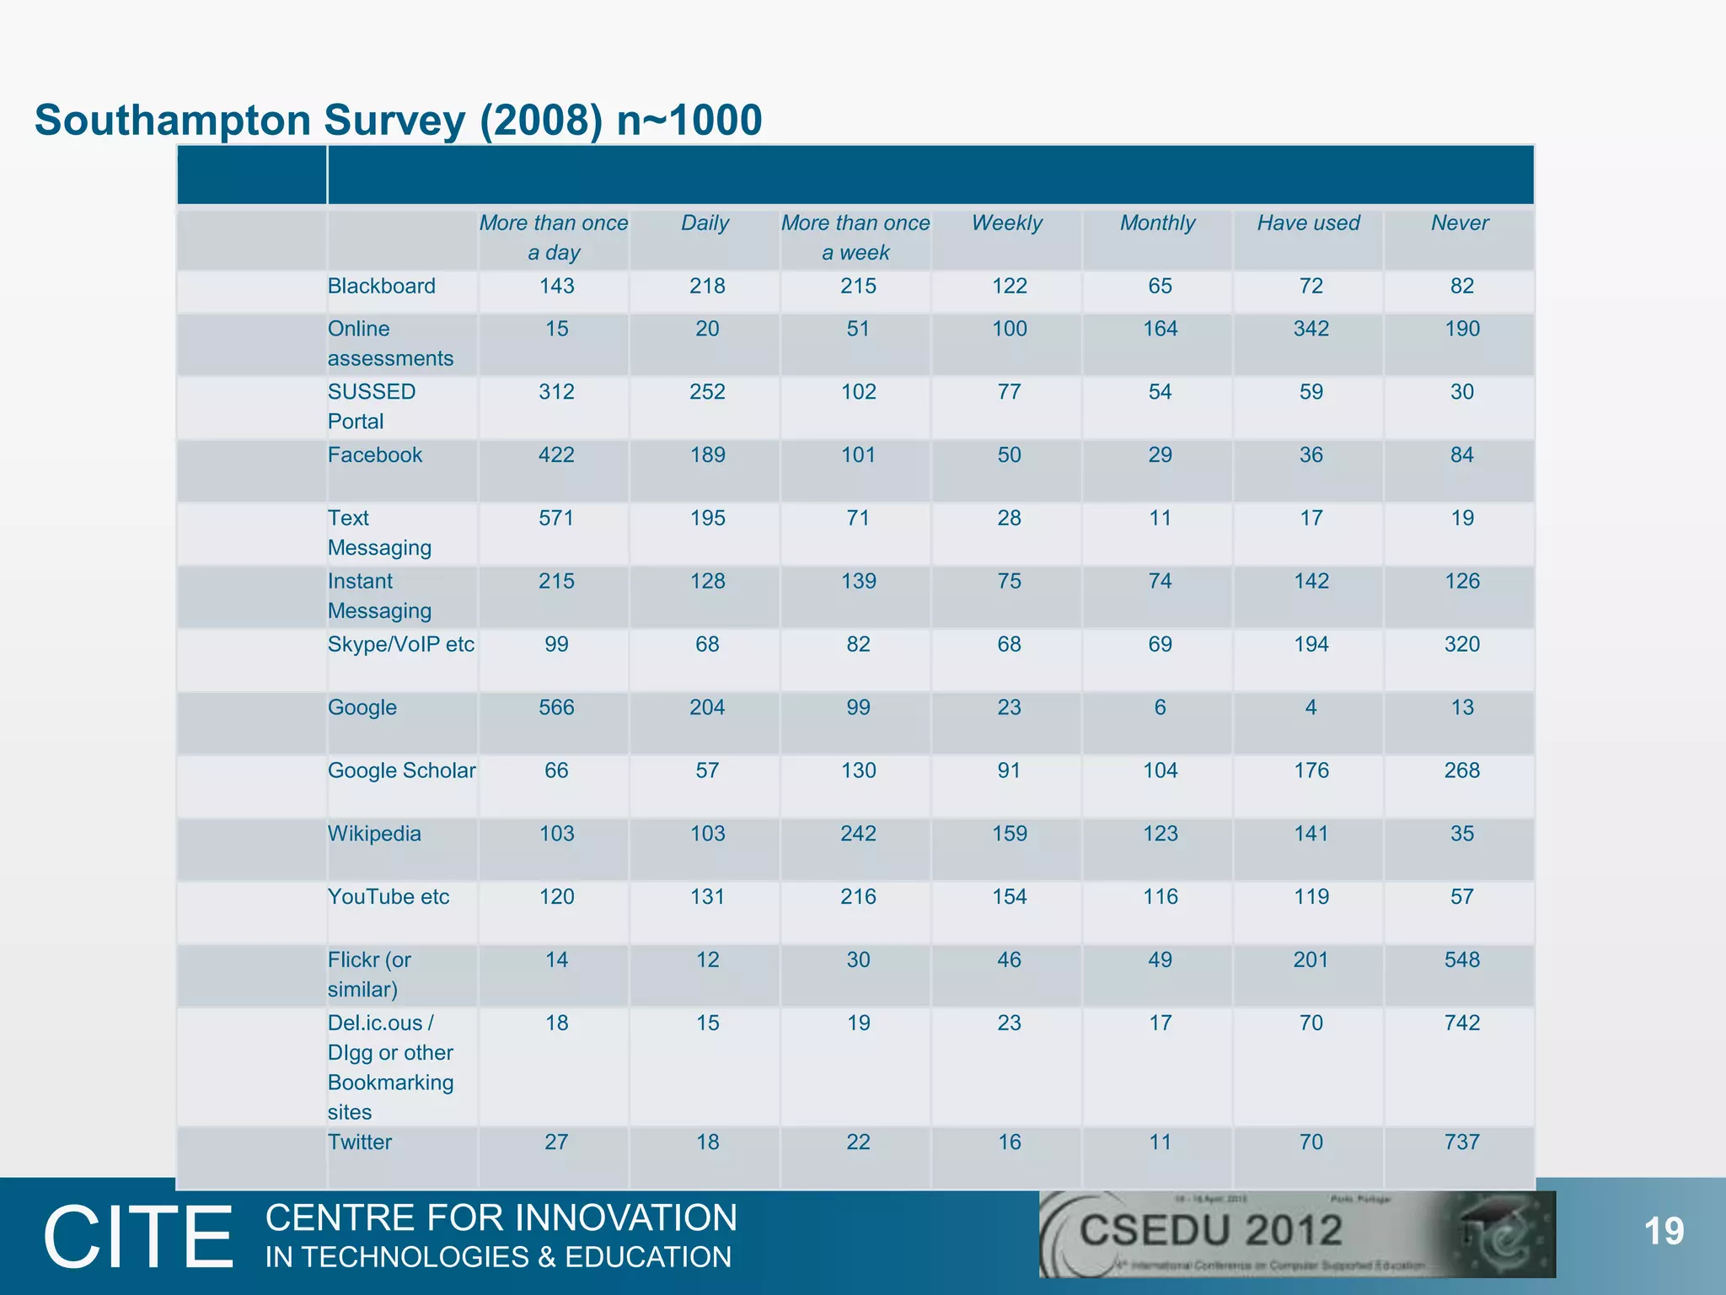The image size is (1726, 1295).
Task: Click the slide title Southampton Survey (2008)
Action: [398, 120]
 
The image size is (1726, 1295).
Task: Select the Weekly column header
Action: [1006, 223]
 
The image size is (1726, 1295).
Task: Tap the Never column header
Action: [1460, 223]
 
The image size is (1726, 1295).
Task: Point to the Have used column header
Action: [1308, 223]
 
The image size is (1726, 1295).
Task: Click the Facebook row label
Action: [375, 455]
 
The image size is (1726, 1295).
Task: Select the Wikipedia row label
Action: [374, 834]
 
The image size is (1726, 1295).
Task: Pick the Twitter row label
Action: [360, 1142]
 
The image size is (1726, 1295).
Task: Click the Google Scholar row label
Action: [401, 771]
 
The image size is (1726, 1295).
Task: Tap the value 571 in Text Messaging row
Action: [556, 519]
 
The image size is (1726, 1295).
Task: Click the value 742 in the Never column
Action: [1461, 1024]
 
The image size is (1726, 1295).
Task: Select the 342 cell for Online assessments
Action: [1311, 329]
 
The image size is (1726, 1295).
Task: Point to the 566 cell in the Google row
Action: [556, 708]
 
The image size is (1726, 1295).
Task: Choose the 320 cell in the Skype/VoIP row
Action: [1461, 645]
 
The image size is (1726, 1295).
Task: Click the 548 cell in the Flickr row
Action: [1461, 960]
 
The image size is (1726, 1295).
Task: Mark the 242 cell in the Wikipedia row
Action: [858, 834]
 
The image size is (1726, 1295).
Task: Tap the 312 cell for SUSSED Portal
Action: [556, 392]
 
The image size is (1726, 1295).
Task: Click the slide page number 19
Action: [1664, 1232]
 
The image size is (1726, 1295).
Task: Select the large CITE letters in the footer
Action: [138, 1237]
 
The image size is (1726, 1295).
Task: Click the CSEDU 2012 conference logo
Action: [1296, 1234]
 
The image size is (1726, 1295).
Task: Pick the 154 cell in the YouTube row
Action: [1009, 897]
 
